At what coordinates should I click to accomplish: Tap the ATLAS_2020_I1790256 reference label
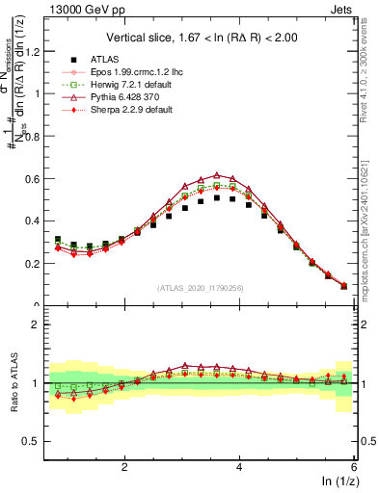201,288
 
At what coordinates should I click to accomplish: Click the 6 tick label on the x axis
356,467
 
